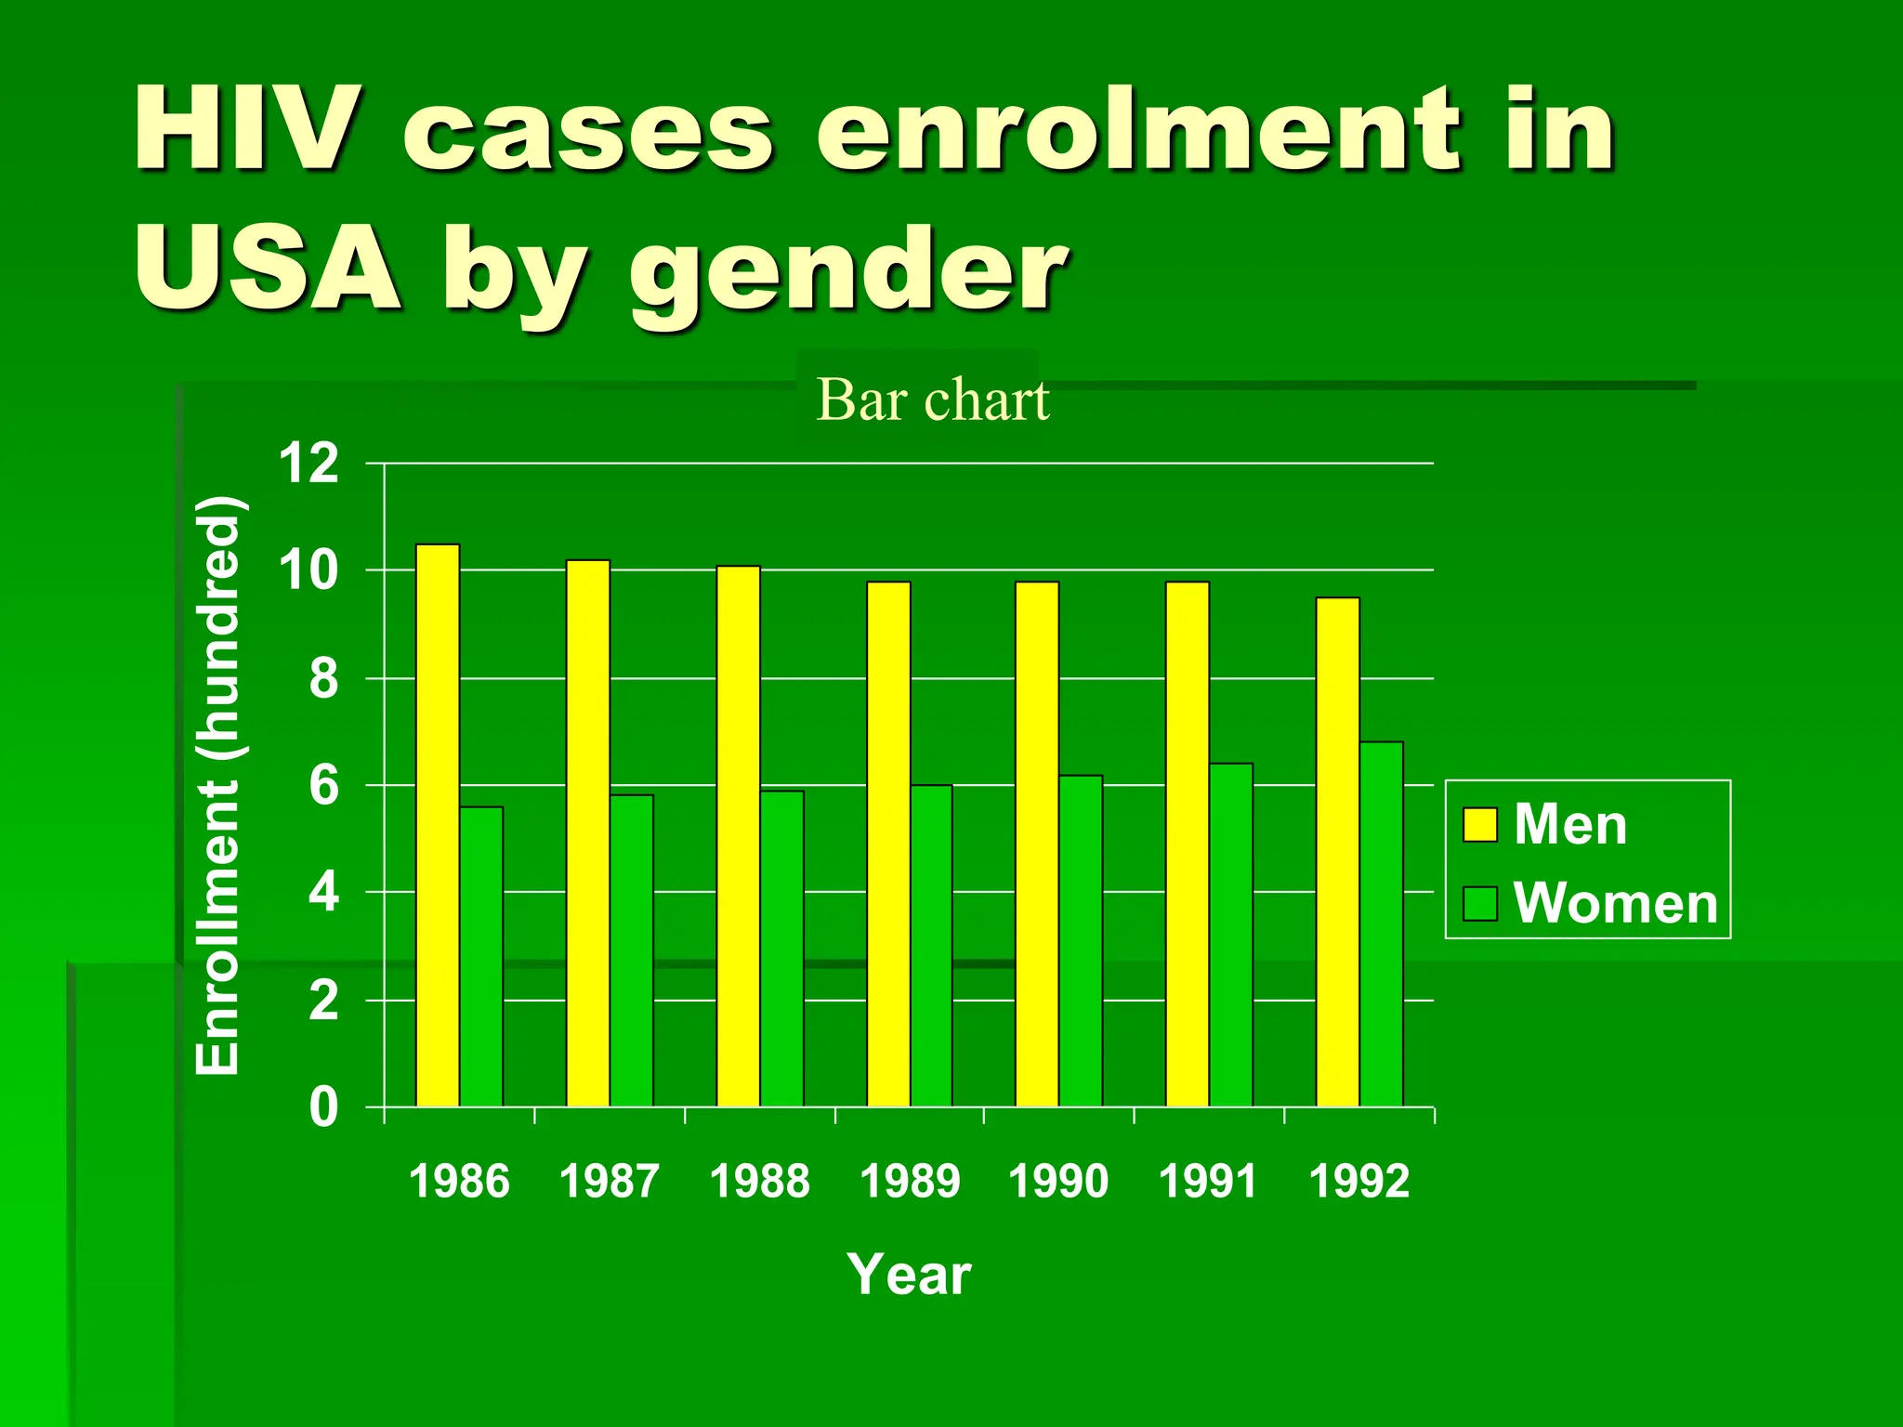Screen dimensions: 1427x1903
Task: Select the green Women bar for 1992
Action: pos(1382,924)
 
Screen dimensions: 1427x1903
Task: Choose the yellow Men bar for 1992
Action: pos(1338,852)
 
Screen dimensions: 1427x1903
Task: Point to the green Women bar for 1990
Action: pos(1081,940)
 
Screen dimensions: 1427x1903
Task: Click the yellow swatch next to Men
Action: pos(1480,824)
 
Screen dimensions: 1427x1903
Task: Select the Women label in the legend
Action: pos(1615,902)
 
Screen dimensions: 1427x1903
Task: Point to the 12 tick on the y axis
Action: pos(309,463)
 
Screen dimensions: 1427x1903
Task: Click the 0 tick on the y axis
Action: pos(323,1107)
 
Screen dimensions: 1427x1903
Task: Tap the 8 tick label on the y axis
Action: pos(323,679)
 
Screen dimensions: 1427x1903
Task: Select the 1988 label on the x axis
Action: pos(759,1182)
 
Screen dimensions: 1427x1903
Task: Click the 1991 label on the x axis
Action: pos(1208,1182)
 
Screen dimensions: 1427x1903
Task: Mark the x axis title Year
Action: pos(909,1274)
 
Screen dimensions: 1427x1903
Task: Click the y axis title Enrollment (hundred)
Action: pos(219,785)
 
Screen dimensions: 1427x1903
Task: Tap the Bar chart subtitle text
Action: pos(932,400)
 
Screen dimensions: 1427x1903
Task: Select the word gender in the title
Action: pos(847,272)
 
